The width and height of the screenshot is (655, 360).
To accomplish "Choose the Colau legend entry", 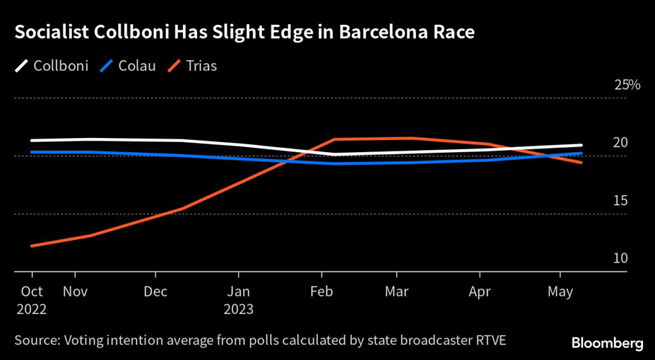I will tap(130, 65).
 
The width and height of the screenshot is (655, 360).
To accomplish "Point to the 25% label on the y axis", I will tap(627, 84).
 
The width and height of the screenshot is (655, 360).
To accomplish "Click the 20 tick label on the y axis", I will tap(620, 143).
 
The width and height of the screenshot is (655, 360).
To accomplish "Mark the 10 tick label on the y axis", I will tap(620, 258).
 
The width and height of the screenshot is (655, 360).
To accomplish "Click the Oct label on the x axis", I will tap(32, 292).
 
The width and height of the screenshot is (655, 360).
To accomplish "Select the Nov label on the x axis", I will tap(75, 292).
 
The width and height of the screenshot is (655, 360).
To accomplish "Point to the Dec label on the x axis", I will tap(155, 292).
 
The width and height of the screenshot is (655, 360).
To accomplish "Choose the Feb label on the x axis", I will tap(322, 292).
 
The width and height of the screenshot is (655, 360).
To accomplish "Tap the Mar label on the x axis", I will tap(397, 292).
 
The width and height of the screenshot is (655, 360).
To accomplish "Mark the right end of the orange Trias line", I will tap(581, 162).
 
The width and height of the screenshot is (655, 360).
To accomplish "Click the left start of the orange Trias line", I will tap(31, 246).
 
